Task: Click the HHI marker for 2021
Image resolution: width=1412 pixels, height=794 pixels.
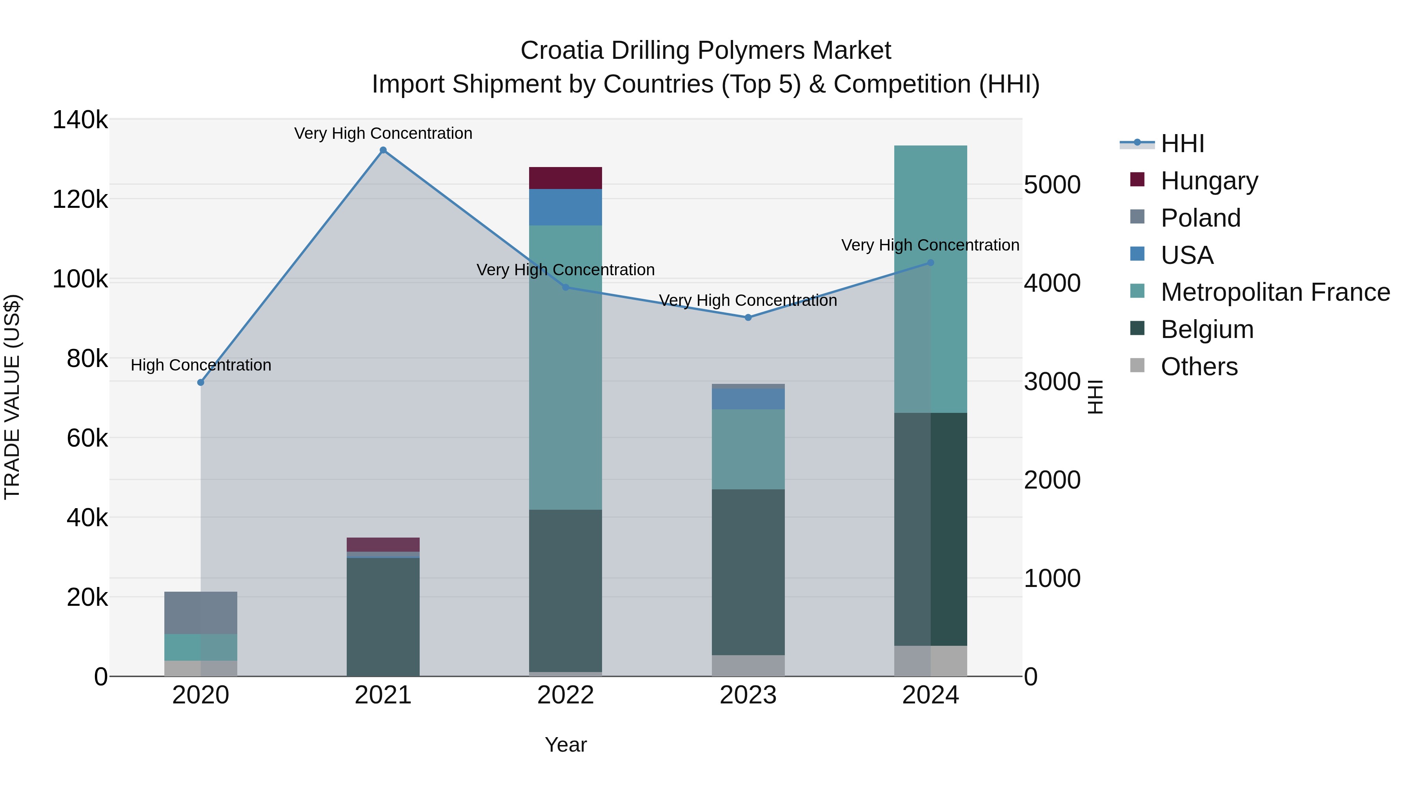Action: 383,150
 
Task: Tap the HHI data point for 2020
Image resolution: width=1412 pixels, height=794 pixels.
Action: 200,382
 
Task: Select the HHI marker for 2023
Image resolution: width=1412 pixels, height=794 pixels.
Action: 748,317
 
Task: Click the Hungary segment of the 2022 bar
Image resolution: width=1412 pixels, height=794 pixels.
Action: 565,178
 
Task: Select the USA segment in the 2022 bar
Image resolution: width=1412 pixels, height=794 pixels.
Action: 565,207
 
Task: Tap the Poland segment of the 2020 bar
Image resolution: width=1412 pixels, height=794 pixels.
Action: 200,612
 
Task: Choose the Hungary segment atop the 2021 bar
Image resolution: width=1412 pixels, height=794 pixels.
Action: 383,545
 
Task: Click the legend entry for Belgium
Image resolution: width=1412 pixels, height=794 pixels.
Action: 1206,330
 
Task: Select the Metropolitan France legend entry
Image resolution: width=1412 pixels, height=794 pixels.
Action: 1275,293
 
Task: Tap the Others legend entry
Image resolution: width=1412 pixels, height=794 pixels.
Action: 1199,367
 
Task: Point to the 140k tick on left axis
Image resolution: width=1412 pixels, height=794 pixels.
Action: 80,120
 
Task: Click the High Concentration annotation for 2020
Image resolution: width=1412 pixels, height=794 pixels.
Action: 200,365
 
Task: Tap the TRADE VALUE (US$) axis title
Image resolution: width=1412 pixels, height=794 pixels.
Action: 12,397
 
